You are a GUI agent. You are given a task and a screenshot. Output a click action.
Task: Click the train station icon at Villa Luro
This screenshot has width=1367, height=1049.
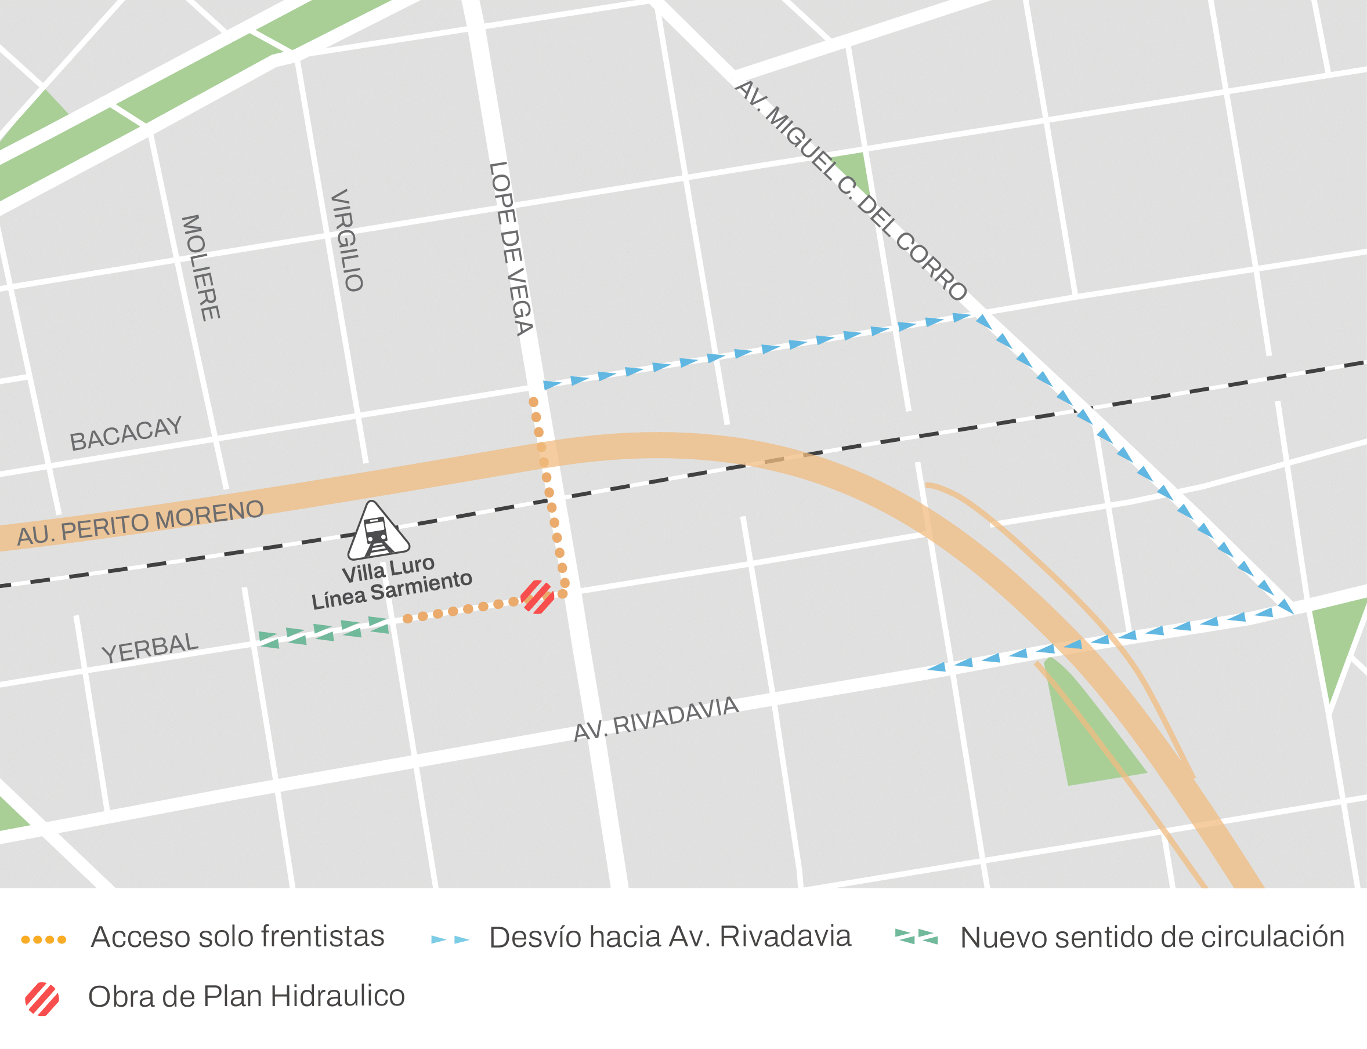tap(377, 531)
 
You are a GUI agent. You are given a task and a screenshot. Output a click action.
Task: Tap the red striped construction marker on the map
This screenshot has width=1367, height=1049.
tap(537, 597)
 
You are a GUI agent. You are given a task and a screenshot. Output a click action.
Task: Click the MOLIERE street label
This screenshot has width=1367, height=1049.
tap(201, 268)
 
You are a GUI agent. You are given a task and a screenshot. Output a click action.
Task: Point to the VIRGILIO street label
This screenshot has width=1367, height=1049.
tap(346, 241)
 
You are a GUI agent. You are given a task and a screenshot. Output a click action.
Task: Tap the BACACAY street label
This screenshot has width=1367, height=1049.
tap(125, 433)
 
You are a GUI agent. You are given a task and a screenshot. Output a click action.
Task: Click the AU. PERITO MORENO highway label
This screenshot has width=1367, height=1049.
tap(140, 522)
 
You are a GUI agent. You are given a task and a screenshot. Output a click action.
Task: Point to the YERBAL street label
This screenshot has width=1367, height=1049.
tap(150, 648)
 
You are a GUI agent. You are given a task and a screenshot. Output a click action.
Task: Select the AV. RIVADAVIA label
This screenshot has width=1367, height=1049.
tap(656, 718)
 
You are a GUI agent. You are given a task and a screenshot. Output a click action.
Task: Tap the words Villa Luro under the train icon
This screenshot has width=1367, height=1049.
tap(388, 568)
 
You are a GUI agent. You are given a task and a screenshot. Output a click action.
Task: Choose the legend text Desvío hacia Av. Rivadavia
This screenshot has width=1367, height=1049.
tap(670, 937)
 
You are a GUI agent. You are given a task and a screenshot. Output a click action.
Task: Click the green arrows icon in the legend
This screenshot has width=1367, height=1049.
tap(917, 937)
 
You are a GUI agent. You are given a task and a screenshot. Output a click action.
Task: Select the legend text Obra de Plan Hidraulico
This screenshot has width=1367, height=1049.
tap(246, 997)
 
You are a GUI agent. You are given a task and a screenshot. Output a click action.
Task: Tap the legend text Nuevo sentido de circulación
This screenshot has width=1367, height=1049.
tap(1152, 937)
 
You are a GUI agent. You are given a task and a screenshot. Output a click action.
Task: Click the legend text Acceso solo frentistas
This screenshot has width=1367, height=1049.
tap(237, 937)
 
